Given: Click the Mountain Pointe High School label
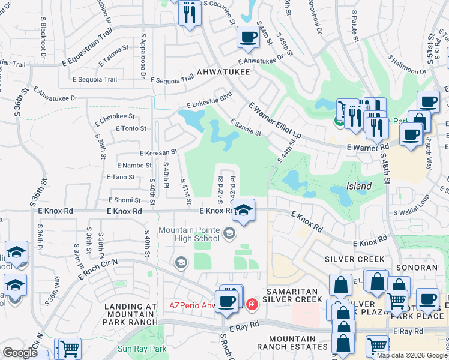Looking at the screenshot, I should click(x=189, y=236).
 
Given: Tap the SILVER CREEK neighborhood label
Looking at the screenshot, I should click(x=355, y=259).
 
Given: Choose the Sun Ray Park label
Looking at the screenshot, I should click(x=142, y=349).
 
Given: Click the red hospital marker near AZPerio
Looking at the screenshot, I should click(x=252, y=304).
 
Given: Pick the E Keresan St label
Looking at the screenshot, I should click(x=158, y=153).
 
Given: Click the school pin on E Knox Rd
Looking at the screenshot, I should click(x=243, y=210).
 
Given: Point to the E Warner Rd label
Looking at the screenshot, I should click(x=367, y=146).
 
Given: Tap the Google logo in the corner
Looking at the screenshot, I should click(x=20, y=353).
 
